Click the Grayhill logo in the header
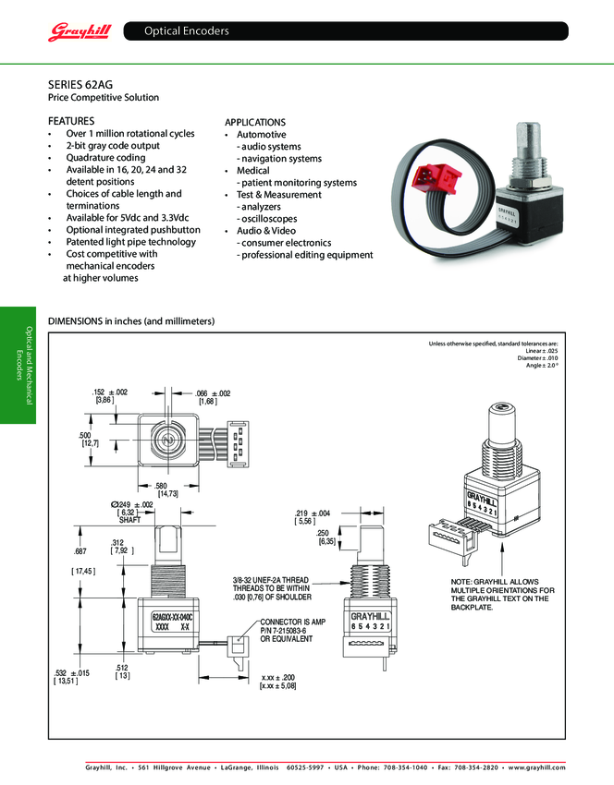coord(80,32)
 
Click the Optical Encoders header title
coord(186,31)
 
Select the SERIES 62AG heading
coord(80,83)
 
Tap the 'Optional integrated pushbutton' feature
coord(132,230)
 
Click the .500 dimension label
coord(84,435)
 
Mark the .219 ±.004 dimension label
coord(313,513)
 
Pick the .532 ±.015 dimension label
coord(71,673)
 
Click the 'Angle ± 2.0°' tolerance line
coord(541,366)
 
